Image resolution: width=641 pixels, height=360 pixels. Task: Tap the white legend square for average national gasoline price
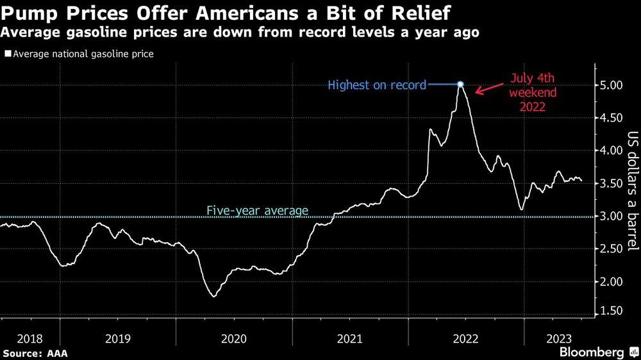point(7,54)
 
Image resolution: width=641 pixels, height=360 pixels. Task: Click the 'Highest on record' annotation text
point(377,85)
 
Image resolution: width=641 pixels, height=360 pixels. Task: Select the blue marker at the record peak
point(460,84)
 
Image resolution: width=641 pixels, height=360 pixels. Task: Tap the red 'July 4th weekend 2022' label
point(533,92)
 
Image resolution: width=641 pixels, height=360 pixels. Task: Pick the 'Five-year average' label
point(257,210)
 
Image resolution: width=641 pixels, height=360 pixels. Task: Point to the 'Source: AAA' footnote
point(35,353)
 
